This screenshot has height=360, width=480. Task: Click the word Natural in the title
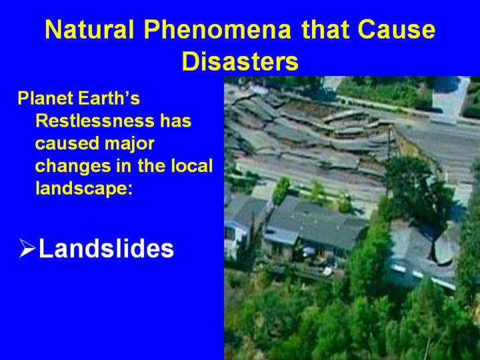pyautogui.click(x=89, y=29)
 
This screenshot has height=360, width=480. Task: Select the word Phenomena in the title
pyautogui.click(x=217, y=29)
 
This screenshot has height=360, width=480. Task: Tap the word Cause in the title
pyautogui.click(x=397, y=29)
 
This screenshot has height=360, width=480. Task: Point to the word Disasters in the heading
pyautogui.click(x=240, y=61)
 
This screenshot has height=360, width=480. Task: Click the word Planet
pyautogui.click(x=45, y=98)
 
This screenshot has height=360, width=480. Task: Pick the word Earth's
pyautogui.click(x=109, y=98)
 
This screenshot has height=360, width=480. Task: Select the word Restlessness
pyautogui.click(x=95, y=121)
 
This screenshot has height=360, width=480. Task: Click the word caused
pyautogui.click(x=67, y=143)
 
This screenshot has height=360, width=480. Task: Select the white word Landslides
pyautogui.click(x=106, y=248)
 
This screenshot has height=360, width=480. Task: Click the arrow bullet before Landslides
pyautogui.click(x=27, y=248)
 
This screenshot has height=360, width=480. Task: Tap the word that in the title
pyautogui.click(x=325, y=29)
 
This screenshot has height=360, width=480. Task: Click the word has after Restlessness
pyautogui.click(x=176, y=121)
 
